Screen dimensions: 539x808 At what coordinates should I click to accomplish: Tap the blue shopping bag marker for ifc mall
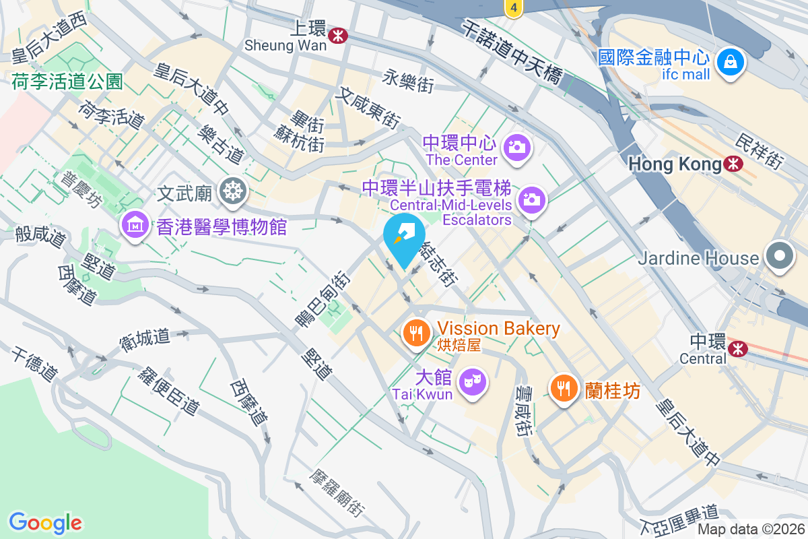729,62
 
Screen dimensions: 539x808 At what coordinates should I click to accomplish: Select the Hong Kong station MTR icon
733,163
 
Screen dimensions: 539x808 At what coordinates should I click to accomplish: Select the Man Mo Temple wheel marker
233,192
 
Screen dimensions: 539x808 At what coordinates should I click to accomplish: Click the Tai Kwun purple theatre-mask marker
472,383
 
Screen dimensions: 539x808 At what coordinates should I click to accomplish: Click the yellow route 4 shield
513,8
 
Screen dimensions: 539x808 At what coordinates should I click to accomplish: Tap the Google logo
45,522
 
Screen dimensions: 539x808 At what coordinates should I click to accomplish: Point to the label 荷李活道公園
67,82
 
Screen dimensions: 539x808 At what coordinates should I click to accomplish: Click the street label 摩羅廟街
337,494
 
